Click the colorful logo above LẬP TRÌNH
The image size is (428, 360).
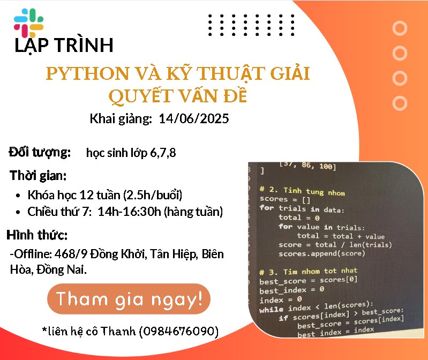[x=29, y=23]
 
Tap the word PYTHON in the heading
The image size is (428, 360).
[x=87, y=73]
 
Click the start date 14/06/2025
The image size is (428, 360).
[x=194, y=119]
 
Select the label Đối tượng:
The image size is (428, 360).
[x=40, y=152]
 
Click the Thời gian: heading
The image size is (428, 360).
[x=38, y=176]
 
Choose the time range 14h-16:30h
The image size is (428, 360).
[x=129, y=212]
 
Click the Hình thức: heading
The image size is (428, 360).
[x=37, y=235]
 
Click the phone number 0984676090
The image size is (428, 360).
[x=179, y=331]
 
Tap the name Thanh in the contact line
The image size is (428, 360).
[x=118, y=331]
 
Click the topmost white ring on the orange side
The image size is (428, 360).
[x=400, y=28]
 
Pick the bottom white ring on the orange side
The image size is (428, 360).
[x=400, y=103]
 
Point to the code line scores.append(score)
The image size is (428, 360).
[x=321, y=253]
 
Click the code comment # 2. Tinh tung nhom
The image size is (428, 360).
[x=302, y=191]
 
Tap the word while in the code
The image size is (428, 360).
[x=271, y=310]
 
